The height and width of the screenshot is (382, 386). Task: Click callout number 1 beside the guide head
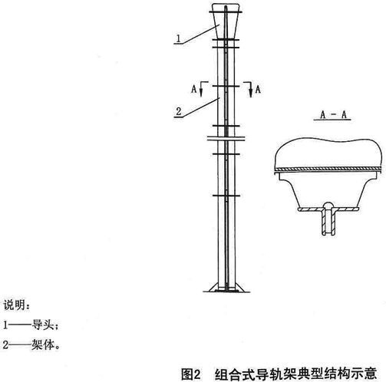click(x=179, y=38)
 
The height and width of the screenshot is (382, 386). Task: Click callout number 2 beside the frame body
click(x=179, y=111)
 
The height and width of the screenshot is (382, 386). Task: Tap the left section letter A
click(x=194, y=89)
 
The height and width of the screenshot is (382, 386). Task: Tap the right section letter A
click(x=258, y=89)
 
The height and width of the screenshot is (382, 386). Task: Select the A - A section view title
click(x=333, y=114)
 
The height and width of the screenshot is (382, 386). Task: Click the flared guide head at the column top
click(x=226, y=21)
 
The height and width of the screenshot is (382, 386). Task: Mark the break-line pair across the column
click(x=226, y=138)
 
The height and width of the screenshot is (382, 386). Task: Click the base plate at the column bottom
click(x=226, y=291)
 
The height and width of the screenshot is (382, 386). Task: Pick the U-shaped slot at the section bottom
click(x=328, y=222)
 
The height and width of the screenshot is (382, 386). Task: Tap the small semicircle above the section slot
click(x=328, y=205)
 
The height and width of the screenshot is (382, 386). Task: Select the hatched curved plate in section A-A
click(x=328, y=169)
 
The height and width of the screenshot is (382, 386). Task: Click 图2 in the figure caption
click(x=190, y=374)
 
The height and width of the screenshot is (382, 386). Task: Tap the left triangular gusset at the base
click(x=213, y=288)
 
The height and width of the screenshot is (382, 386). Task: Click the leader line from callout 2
click(x=196, y=108)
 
